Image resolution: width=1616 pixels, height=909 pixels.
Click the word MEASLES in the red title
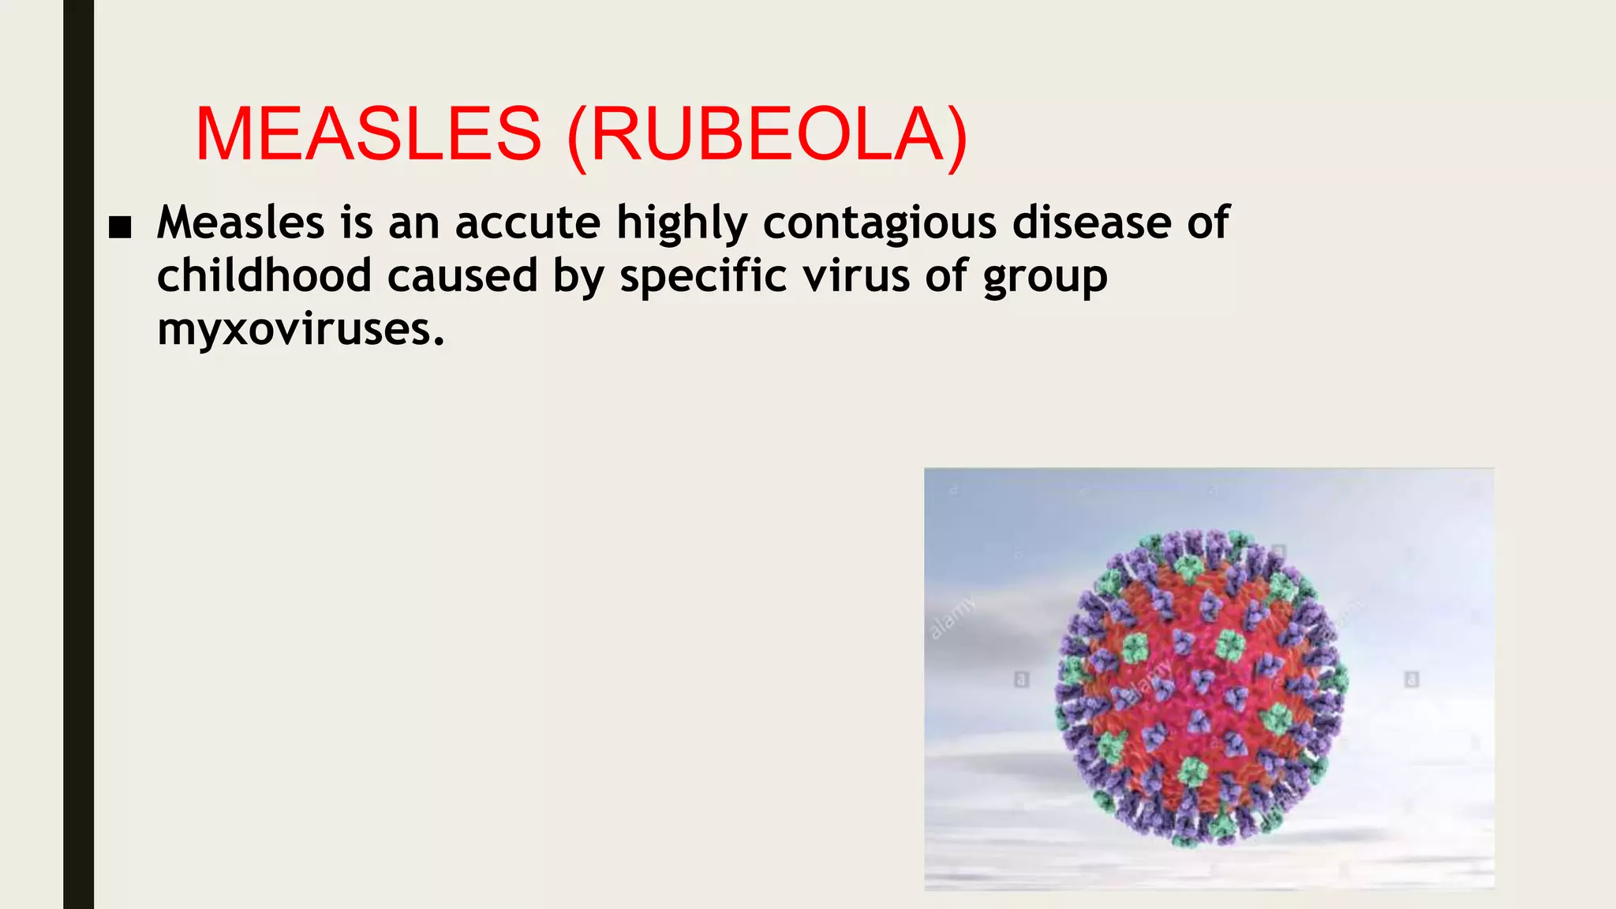coord(368,134)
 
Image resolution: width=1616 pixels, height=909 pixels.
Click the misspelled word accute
coord(528,223)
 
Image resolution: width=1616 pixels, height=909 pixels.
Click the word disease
coord(1092,223)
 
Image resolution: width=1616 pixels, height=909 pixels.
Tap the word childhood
coord(264,275)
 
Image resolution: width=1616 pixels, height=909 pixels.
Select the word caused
coord(462,275)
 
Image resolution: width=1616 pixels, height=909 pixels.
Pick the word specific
coord(703,277)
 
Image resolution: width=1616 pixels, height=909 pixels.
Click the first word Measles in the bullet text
coord(241,223)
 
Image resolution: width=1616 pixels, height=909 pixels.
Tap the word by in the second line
coord(578,277)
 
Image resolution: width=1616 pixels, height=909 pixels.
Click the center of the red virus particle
coord(1201,686)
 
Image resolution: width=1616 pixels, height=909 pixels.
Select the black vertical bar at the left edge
coord(78,454)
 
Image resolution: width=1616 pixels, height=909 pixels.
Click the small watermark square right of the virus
coord(1412,679)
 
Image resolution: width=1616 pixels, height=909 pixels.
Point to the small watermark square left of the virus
coord(1021,679)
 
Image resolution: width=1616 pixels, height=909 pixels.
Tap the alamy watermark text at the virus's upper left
coord(952,617)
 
